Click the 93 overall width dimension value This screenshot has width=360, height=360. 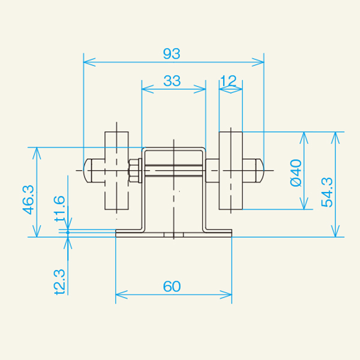coord(172,53)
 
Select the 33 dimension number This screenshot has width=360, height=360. coord(172,82)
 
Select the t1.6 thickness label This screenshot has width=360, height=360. coord(59,209)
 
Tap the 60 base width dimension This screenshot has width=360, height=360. coord(173,287)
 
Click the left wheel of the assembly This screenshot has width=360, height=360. coord(116,171)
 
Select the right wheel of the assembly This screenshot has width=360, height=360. coord(231,171)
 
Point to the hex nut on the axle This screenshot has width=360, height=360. coord(134,170)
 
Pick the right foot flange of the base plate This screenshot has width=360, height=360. coord(219,233)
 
